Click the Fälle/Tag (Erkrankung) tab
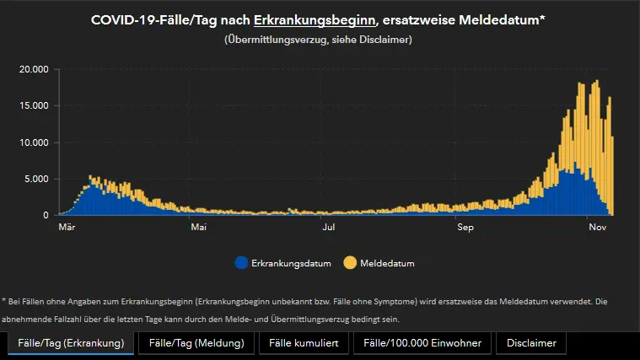tap(71, 343)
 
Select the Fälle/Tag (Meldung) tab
tap(196, 343)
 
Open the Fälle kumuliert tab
tap(304, 343)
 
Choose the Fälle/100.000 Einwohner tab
tap(422, 343)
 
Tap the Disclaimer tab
tap(531, 343)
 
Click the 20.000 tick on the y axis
tap(35, 69)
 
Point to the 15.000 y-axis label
tap(35, 105)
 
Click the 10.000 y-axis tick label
tap(35, 142)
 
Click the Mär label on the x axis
tap(67, 228)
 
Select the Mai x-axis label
tap(199, 228)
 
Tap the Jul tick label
tap(329, 228)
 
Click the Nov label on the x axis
tap(597, 228)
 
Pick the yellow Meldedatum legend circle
tap(350, 263)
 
